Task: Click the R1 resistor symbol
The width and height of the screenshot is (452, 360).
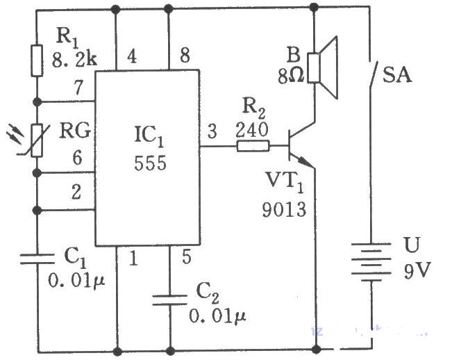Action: (x=37, y=60)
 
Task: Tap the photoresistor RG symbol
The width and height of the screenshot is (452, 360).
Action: (x=37, y=140)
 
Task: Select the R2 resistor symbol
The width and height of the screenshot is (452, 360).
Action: (x=253, y=146)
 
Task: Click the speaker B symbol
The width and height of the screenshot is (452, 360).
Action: (x=322, y=68)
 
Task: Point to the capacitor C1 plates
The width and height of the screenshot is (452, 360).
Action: (x=37, y=259)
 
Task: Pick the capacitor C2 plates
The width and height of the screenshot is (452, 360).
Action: (x=170, y=300)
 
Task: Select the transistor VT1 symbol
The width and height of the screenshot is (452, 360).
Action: (x=301, y=146)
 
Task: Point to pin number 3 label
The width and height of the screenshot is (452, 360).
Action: (x=212, y=131)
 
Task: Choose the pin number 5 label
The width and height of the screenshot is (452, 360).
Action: (x=187, y=256)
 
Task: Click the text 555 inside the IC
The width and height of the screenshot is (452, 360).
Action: (x=150, y=163)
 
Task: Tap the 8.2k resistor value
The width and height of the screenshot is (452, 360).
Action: (x=74, y=60)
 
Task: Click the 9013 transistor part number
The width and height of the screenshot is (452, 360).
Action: (x=284, y=209)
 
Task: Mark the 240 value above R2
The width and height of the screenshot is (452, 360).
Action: (x=252, y=130)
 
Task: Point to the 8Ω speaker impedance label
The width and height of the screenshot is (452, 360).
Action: (x=291, y=76)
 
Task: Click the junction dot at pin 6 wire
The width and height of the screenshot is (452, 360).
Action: (x=37, y=173)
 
